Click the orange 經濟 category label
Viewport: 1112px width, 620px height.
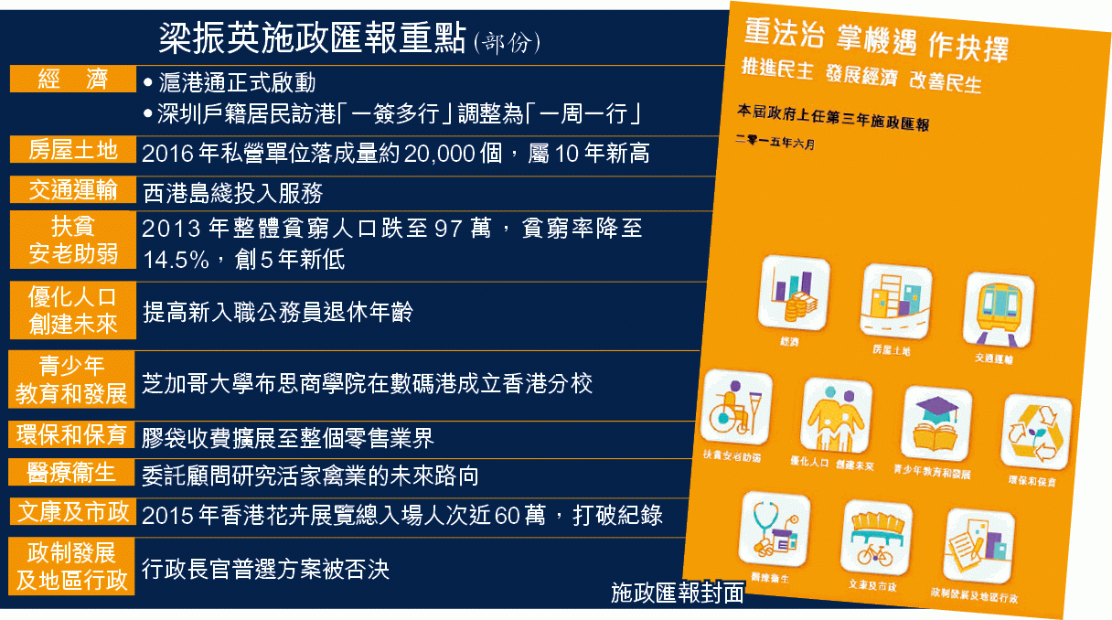[73, 79]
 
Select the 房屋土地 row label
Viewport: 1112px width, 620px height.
[73, 149]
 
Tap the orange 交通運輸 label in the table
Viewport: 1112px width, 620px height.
[73, 189]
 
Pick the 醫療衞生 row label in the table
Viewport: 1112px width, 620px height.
[71, 472]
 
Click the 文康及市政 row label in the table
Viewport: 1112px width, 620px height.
[71, 512]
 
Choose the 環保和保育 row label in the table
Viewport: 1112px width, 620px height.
[71, 434]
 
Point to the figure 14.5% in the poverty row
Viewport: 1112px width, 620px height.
[176, 259]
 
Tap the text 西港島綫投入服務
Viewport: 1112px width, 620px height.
[233, 193]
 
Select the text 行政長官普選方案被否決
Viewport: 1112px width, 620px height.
[265, 569]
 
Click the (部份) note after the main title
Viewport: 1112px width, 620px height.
[507, 43]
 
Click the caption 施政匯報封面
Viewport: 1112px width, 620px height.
[678, 593]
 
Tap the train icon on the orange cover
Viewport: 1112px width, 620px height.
[999, 309]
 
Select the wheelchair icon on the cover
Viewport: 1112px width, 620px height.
[736, 407]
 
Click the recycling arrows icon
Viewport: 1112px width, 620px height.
[1036, 432]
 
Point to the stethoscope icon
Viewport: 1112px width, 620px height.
[775, 529]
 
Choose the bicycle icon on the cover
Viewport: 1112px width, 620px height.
[877, 538]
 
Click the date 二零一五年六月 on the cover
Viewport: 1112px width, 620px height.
[775, 142]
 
